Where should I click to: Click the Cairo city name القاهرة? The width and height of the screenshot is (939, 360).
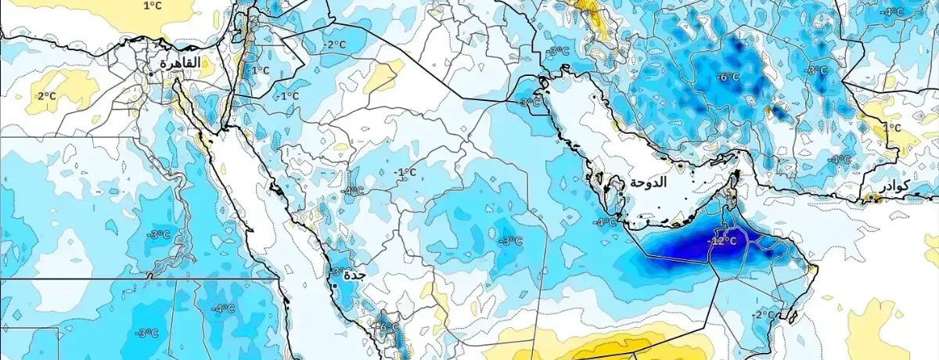coord(180,63)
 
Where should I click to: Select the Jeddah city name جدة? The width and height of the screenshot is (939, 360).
coord(354,275)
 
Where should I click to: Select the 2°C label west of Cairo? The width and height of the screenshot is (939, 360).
coord(46,95)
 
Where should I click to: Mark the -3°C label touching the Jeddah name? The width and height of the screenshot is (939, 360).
coord(336,272)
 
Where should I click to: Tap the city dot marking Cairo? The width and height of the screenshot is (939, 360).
coord(151,74)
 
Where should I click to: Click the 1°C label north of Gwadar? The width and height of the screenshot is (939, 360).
coord(891,127)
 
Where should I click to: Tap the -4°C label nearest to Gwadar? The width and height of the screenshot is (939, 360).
coord(840,159)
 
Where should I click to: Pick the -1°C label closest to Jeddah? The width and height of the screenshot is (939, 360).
coord(405,172)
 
